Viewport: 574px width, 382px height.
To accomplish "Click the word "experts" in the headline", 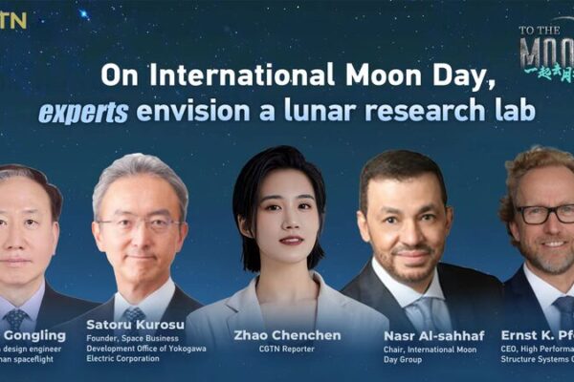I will tap(83, 112).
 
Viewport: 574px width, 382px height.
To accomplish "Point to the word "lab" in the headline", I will tap(512, 112).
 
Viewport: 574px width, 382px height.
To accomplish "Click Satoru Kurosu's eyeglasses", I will tap(140, 225).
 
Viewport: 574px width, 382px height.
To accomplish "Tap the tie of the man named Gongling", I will tap(15, 316).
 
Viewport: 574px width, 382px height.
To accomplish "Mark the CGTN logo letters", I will tap(14, 18).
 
